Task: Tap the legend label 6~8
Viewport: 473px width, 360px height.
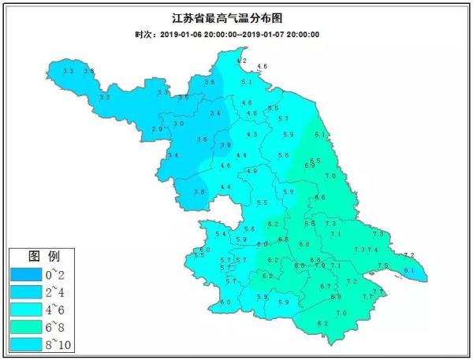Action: pyautogui.click(x=57, y=327)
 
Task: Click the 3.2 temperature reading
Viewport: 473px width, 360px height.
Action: pyautogui.click(x=104, y=98)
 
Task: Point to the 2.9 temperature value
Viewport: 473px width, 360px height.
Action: pyautogui.click(x=156, y=129)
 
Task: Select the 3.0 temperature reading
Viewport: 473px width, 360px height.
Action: pyautogui.click(x=178, y=124)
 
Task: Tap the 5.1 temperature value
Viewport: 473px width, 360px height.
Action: pyautogui.click(x=246, y=82)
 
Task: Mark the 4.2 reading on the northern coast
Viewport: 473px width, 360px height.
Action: pyautogui.click(x=242, y=61)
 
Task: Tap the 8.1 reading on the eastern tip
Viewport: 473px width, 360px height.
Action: pyautogui.click(x=408, y=271)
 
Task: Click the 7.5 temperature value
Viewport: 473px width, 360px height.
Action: pyautogui.click(x=382, y=265)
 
